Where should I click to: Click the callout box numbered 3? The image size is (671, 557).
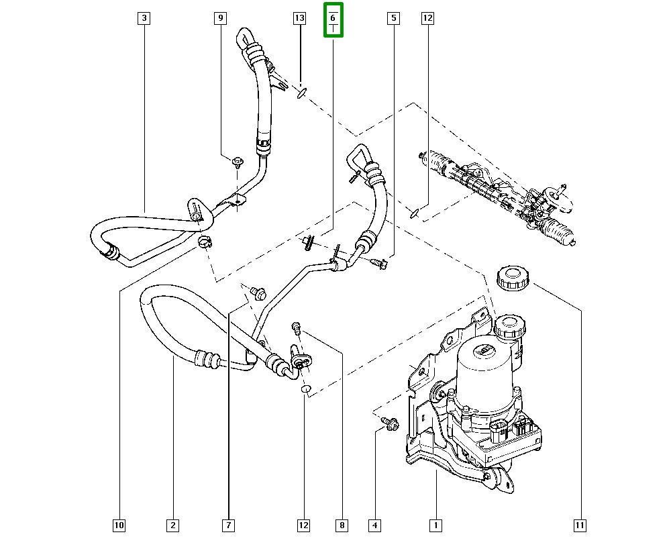coord(144,18)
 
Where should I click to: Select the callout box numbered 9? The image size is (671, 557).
coord(220,18)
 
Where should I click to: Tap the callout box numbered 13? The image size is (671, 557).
coord(299,18)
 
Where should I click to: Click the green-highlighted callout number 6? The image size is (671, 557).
coord(333,19)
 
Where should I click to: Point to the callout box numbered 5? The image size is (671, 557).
coord(394,18)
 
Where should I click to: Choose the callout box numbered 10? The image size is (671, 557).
coord(119,525)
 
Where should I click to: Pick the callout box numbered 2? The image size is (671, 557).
coord(173,525)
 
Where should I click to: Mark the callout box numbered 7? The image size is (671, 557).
coord(229,525)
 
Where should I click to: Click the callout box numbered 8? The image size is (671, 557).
coord(342,525)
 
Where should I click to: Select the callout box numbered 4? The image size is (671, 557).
coord(375,525)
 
